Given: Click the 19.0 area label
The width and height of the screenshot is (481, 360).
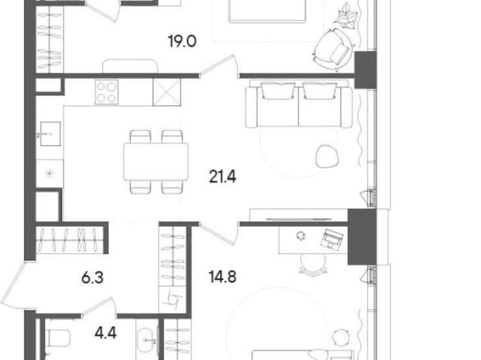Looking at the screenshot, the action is coord(182,41).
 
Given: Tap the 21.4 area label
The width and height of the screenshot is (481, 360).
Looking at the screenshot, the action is coord(222,177).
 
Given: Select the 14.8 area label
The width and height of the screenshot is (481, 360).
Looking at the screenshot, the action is coord(222,277).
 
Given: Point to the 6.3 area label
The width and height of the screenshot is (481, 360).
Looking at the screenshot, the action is coord(92,278).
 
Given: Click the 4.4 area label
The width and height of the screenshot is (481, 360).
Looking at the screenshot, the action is coord(105,333).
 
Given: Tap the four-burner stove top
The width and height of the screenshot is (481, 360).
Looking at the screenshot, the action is coord(107,92).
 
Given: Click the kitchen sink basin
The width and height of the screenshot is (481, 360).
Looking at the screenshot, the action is coord(50,134).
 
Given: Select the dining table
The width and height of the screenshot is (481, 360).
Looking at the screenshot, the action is coord(156,162).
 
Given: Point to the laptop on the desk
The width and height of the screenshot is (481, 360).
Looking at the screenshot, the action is coord(332,238).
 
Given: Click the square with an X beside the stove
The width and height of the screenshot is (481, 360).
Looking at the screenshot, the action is coord(167,92).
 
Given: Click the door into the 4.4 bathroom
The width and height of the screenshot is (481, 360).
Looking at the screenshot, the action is coord(98,307).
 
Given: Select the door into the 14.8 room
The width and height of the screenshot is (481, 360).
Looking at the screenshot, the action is coord(219,233).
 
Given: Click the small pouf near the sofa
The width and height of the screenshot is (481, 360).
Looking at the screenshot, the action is coord(327,156).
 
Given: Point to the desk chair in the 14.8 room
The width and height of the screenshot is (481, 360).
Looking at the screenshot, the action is coord(313,263).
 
